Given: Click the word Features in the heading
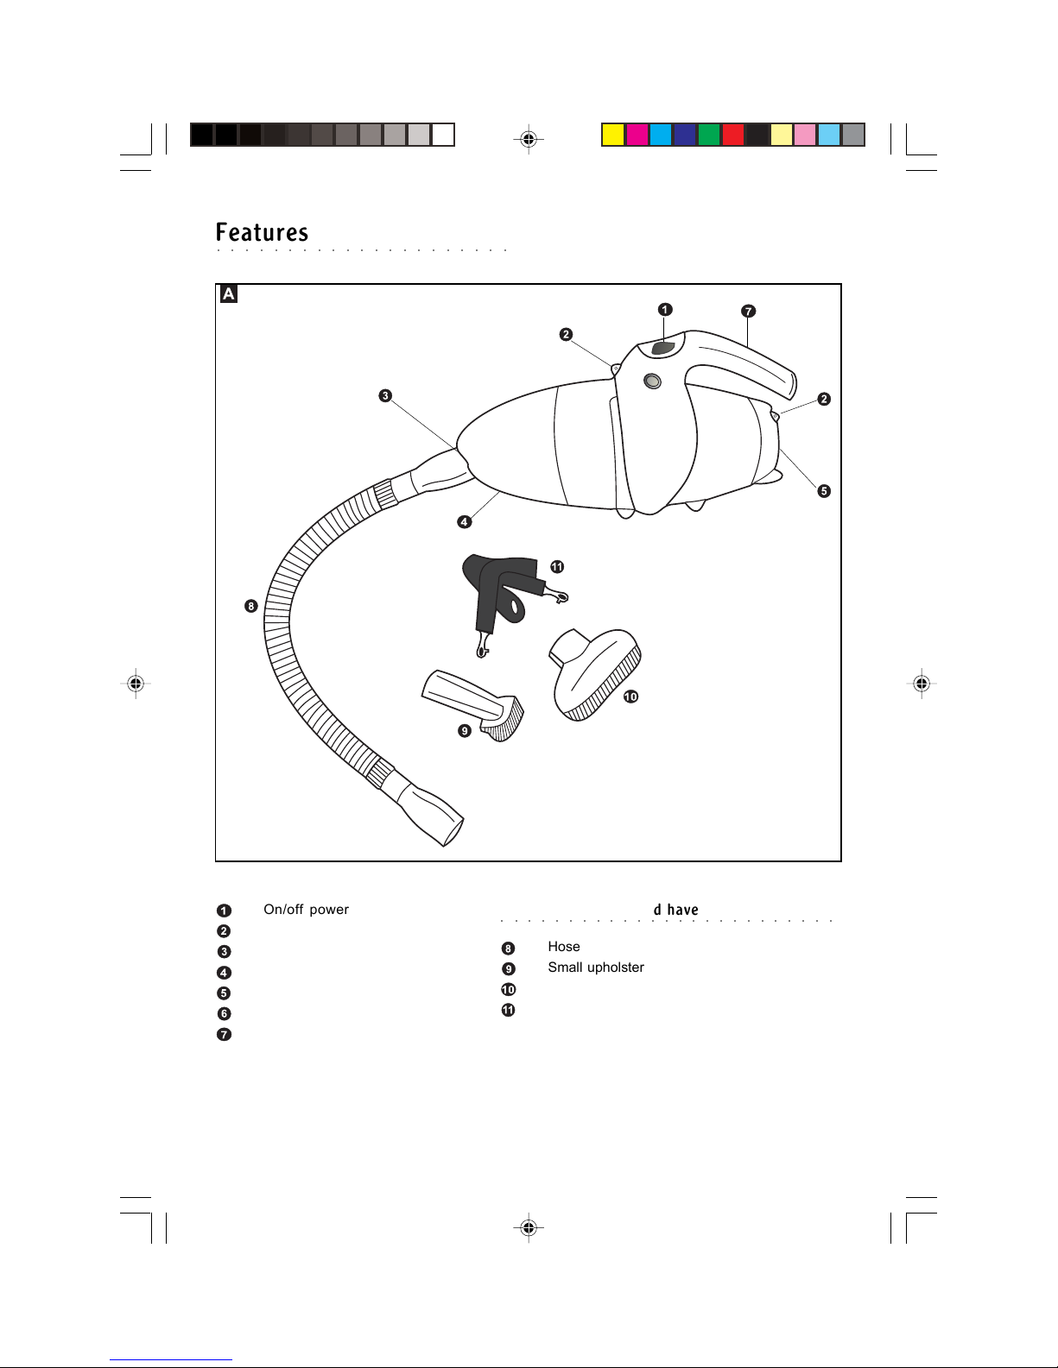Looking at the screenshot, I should pyautogui.click(x=262, y=233).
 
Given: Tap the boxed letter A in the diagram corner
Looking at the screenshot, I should pyautogui.click(x=228, y=294).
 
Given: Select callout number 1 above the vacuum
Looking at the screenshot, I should pyautogui.click(x=664, y=310).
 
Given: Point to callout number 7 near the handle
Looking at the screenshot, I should pyautogui.click(x=748, y=311).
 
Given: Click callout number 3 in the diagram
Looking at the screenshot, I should pyautogui.click(x=385, y=396).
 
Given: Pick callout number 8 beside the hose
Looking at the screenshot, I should pyautogui.click(x=250, y=606).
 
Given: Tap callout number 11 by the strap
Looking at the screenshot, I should pyautogui.click(x=557, y=567).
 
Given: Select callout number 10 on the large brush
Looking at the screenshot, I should pyautogui.click(x=630, y=697).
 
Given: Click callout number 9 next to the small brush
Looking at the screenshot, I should pyautogui.click(x=465, y=731).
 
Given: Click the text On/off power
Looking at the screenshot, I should pyautogui.click(x=306, y=910).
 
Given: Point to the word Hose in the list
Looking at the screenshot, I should pyautogui.click(x=563, y=947).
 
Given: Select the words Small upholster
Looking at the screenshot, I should pyautogui.click(x=596, y=968).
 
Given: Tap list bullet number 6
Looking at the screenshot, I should pyautogui.click(x=224, y=1014).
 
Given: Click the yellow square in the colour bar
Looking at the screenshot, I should pyautogui.click(x=613, y=135).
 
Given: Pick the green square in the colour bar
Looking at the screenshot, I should pyautogui.click(x=709, y=135).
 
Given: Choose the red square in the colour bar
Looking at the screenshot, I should pyautogui.click(x=733, y=135).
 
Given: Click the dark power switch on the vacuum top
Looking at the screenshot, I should pyautogui.click(x=662, y=348).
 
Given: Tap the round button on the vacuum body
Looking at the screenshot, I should pyautogui.click(x=653, y=380).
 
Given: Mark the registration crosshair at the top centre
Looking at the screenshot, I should pyautogui.click(x=529, y=138).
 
